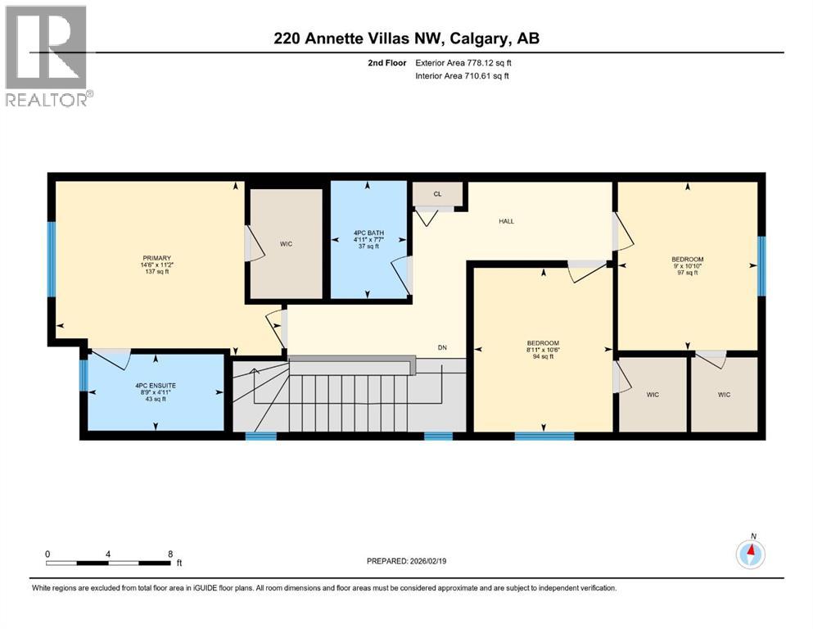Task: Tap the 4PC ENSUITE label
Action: tap(156, 385)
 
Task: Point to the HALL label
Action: tap(508, 221)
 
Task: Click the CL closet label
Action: tap(438, 195)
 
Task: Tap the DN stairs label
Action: tap(442, 348)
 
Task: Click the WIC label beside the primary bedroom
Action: tap(286, 244)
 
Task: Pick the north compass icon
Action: tap(750, 554)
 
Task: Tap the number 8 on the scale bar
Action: tap(170, 554)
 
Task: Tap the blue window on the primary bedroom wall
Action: tap(52, 260)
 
